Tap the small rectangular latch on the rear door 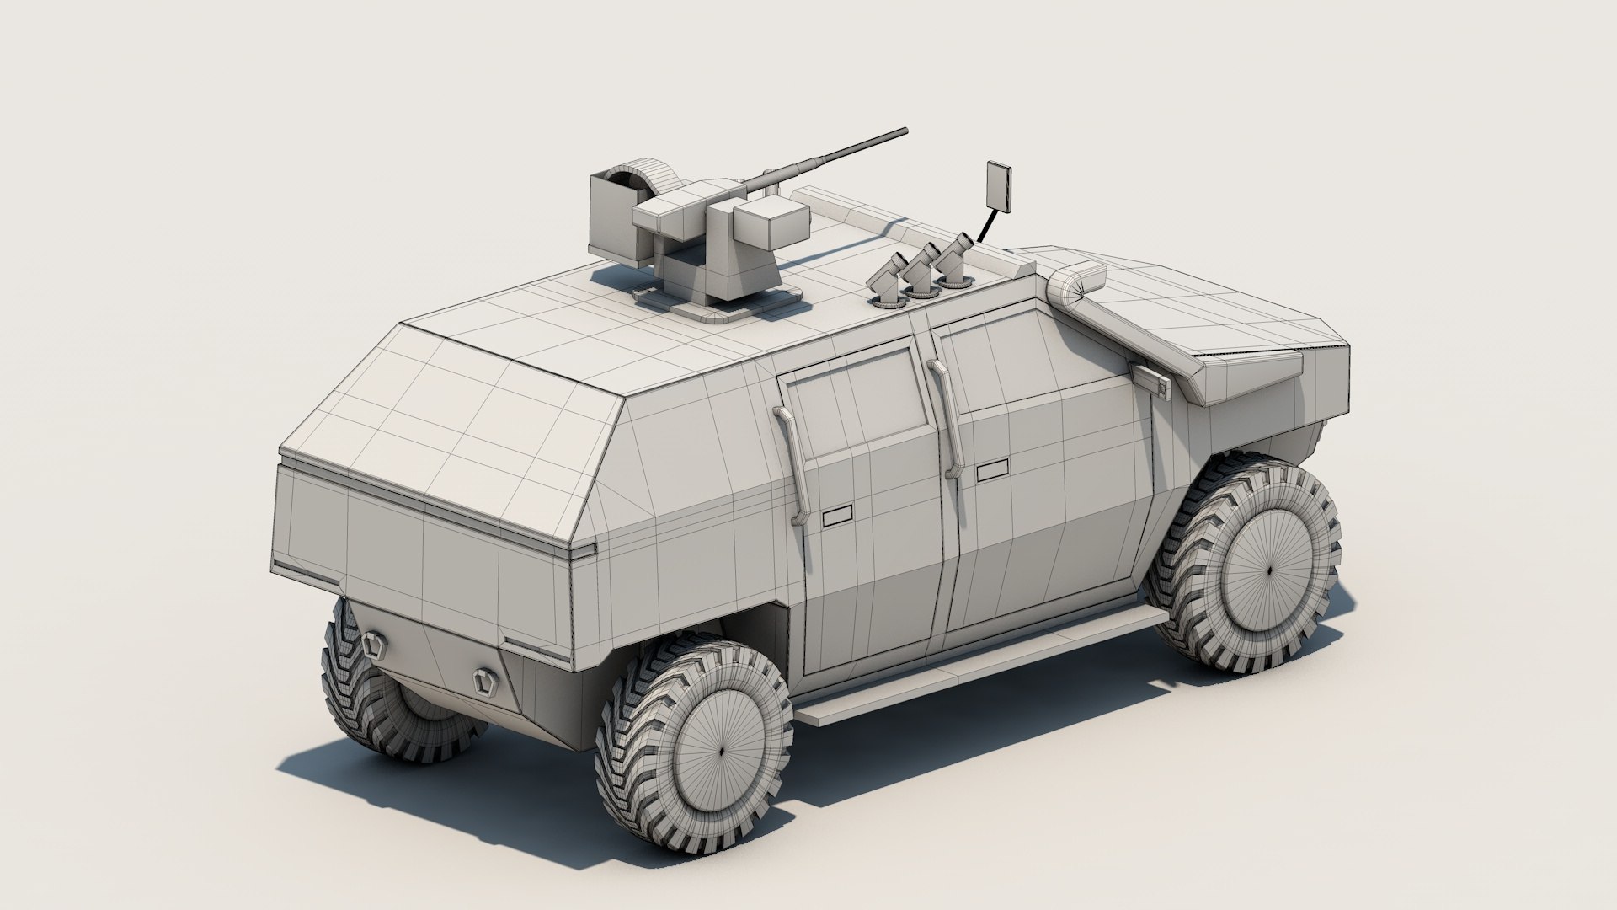(837, 517)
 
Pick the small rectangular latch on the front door (993, 470)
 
